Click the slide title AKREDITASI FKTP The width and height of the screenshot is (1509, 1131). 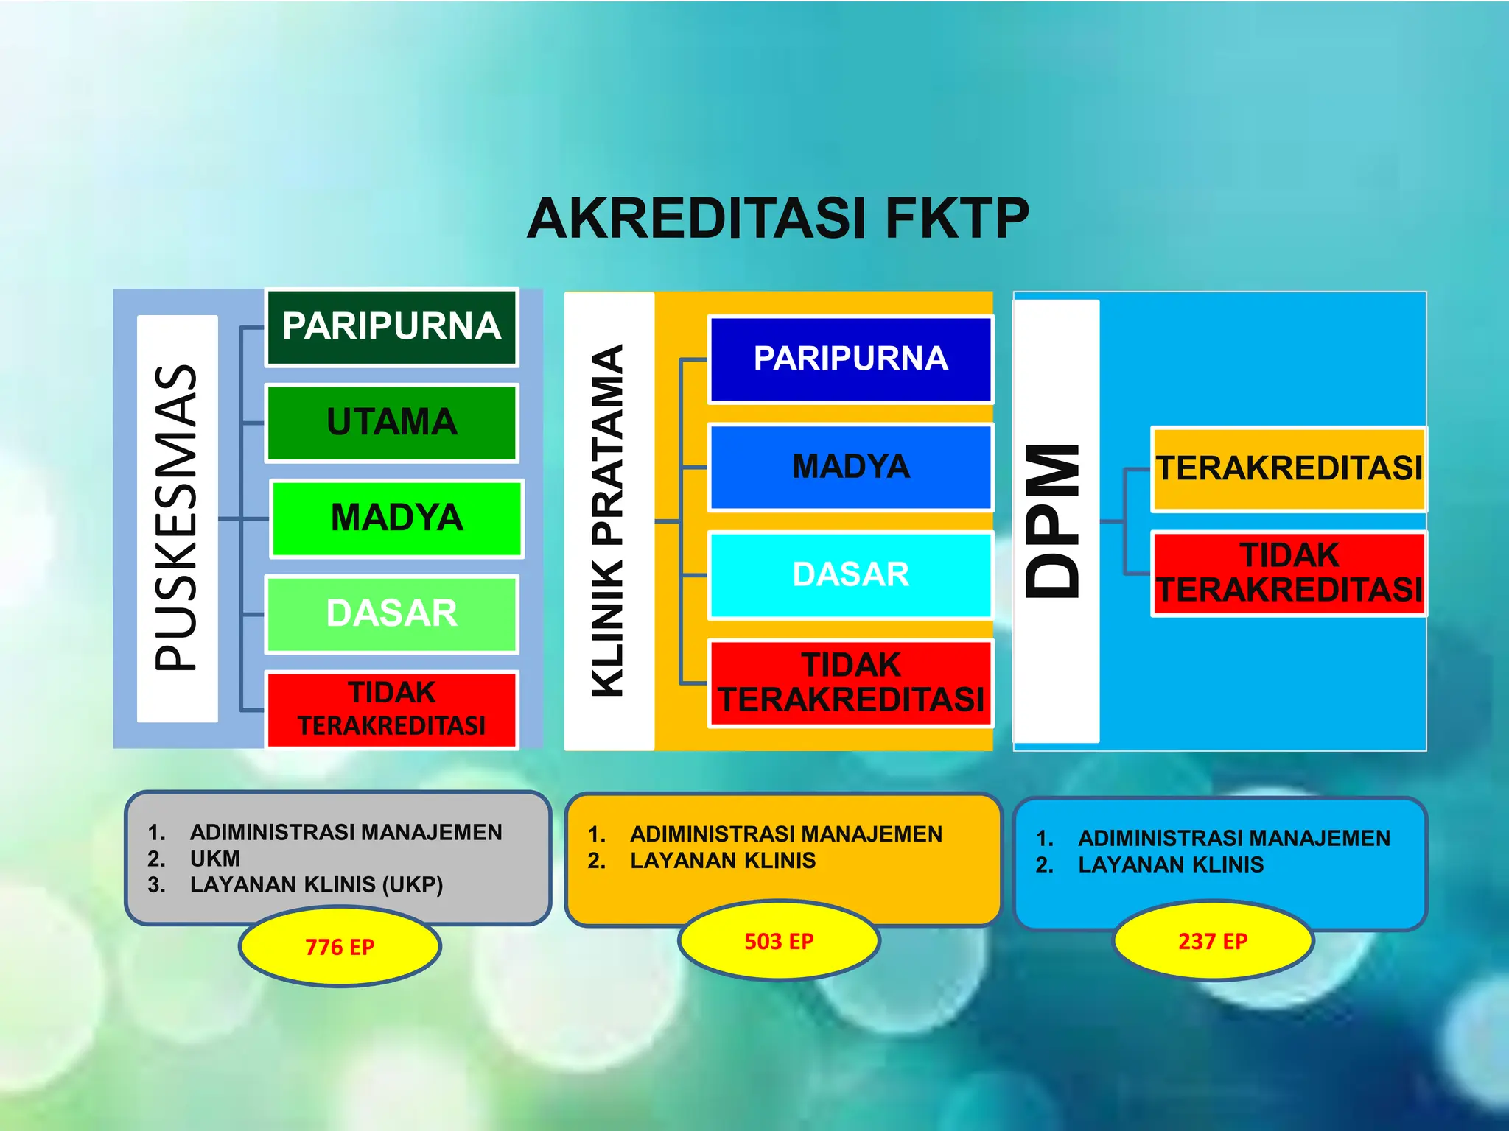point(777,219)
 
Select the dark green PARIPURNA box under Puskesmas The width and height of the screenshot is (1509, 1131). point(392,327)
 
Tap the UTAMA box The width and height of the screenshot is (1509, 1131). point(392,423)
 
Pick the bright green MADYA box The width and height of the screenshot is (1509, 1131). point(396,518)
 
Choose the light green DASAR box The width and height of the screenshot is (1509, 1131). point(392,614)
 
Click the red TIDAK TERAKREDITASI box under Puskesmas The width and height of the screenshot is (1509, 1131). point(392,709)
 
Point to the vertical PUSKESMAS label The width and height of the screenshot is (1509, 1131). point(177,518)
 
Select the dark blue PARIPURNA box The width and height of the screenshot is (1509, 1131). point(850,359)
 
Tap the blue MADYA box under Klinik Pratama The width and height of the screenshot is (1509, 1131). point(850,467)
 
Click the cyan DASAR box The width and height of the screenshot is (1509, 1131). point(850,575)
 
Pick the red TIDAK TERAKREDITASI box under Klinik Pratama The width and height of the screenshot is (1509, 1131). point(850,683)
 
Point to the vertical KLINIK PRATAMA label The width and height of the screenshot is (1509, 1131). point(609,521)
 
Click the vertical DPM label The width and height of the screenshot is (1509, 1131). point(1055,521)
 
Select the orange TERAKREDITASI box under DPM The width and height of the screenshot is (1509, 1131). point(1289,469)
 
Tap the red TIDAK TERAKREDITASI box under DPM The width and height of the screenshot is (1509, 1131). point(1289,573)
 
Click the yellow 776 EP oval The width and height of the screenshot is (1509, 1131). point(340,946)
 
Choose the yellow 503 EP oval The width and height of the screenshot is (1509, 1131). point(779,941)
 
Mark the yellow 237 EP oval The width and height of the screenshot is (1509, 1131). point(1213,941)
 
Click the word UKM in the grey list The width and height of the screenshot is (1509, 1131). point(215,859)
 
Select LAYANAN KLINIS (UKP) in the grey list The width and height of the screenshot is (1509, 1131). point(316,884)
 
